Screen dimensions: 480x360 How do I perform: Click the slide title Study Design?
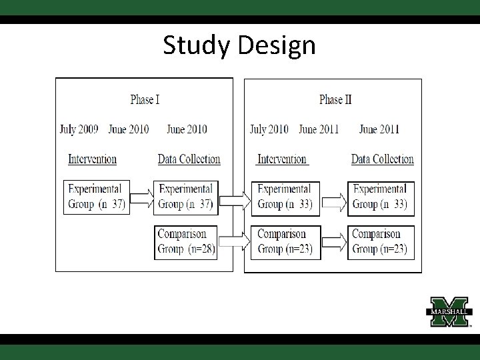(239, 45)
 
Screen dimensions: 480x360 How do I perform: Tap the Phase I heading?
(145, 100)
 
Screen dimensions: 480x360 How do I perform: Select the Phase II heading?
(335, 100)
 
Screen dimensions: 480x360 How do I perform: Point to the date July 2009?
(79, 129)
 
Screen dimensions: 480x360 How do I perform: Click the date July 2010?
(269, 129)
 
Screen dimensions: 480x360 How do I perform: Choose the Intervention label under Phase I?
(92, 159)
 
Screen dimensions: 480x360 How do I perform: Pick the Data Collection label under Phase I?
(189, 159)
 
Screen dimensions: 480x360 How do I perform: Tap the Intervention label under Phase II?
(282, 159)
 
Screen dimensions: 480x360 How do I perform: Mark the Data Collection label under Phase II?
(383, 159)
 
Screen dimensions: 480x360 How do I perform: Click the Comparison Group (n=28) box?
(186, 242)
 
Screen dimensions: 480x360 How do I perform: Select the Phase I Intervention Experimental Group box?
(96, 197)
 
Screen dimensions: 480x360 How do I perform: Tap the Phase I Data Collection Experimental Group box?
(186, 197)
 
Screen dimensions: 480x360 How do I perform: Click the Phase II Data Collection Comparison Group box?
(381, 242)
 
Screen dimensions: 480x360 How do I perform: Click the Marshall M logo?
(449, 310)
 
